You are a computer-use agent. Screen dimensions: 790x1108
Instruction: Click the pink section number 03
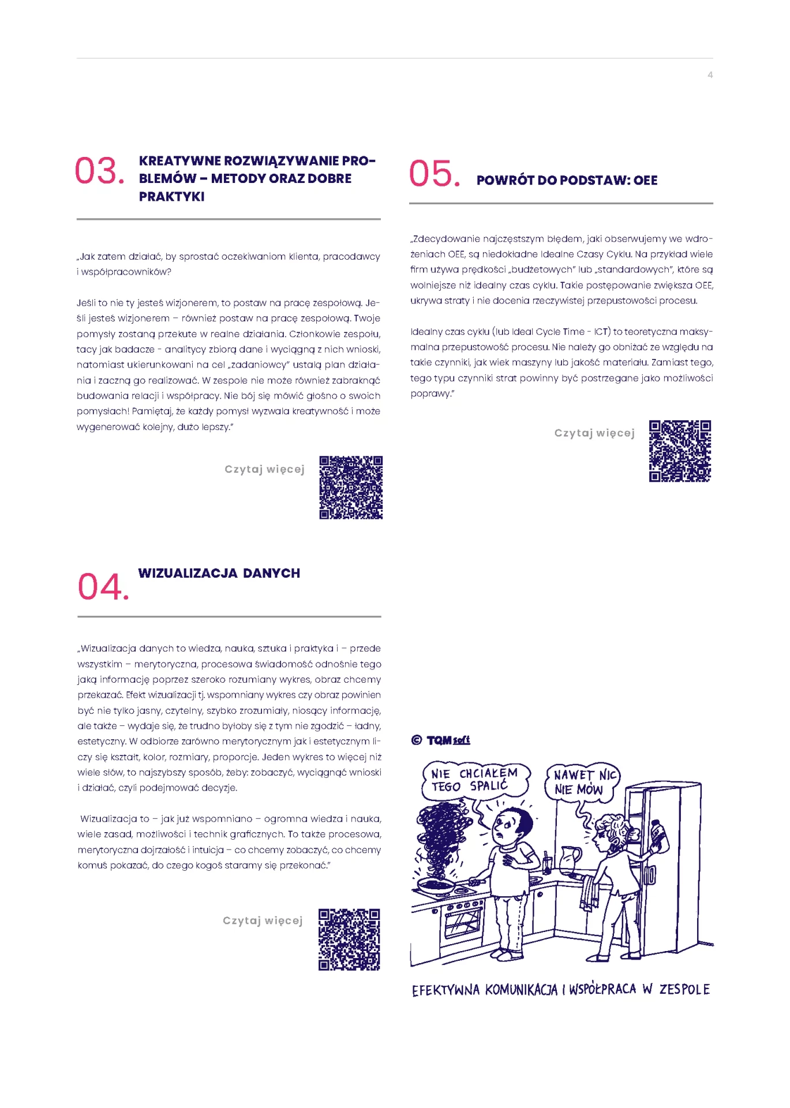[99, 171]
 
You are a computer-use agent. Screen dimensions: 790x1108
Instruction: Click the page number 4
[710, 75]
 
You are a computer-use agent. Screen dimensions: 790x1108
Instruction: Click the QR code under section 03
[351, 488]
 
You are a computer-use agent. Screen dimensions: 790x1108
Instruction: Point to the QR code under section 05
[680, 451]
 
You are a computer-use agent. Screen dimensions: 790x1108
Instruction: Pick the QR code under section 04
[349, 939]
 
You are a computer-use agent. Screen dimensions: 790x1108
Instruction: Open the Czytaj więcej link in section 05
[594, 433]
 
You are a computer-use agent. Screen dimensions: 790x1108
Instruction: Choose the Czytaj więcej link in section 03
[264, 470]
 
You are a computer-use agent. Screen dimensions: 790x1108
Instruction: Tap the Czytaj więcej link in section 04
[263, 921]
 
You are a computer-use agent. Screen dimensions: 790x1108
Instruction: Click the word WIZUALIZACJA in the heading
[188, 573]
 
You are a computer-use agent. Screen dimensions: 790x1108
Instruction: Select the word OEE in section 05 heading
[645, 180]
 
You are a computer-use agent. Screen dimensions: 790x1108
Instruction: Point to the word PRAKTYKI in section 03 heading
[171, 196]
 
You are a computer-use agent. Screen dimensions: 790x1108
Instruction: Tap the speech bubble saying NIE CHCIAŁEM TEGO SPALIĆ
[476, 780]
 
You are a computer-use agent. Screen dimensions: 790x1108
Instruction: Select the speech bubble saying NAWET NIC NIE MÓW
[582, 783]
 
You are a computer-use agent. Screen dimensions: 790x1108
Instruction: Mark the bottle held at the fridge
[660, 835]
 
